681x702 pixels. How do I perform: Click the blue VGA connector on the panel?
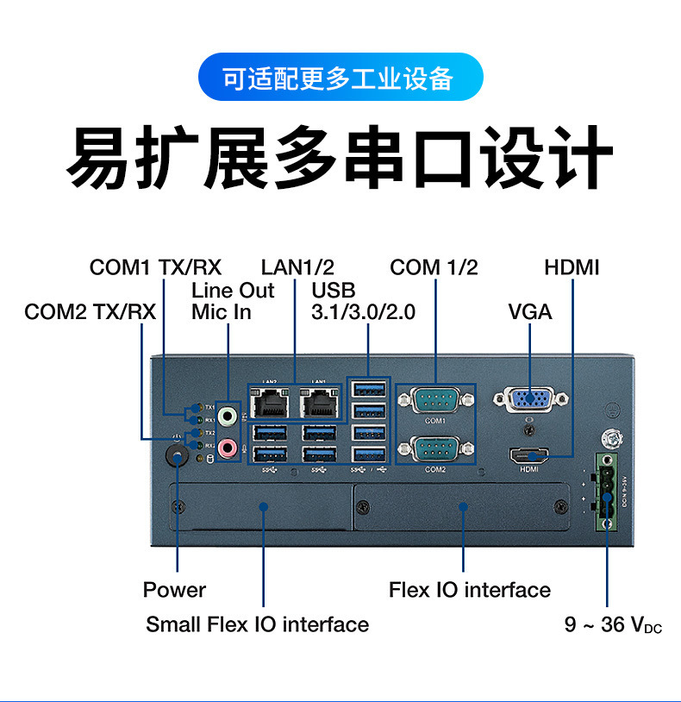point(530,399)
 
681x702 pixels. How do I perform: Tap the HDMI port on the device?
point(529,454)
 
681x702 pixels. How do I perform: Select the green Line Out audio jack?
point(228,417)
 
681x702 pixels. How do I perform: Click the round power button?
point(177,455)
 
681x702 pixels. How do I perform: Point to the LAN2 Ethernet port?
point(270,402)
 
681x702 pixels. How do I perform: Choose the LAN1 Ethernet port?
point(318,402)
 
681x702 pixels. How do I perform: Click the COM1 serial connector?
point(434,401)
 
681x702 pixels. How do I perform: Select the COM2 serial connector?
point(434,450)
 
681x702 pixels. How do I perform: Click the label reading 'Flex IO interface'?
point(469,590)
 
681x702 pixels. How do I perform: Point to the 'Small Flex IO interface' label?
point(257,624)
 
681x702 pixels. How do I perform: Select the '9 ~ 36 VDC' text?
point(613,624)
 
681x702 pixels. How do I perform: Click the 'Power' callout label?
point(174,590)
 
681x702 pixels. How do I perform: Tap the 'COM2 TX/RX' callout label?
point(90,311)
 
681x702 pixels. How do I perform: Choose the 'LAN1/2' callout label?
point(297,267)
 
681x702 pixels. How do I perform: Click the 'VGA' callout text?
point(529,311)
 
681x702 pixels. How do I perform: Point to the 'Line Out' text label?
point(233,290)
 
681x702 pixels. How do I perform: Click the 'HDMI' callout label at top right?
point(572,267)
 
